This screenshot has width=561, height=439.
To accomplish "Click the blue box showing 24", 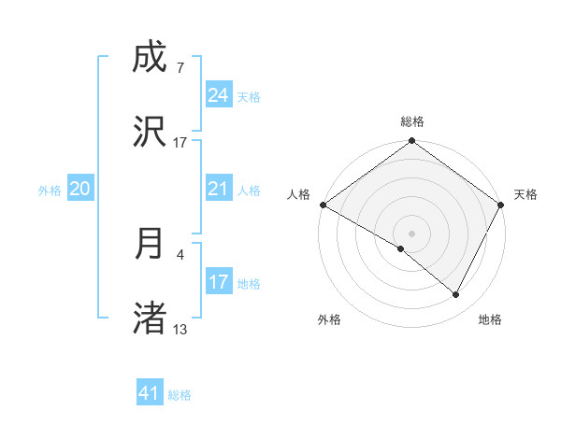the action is pos(219,94).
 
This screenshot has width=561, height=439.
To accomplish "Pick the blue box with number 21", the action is pos(219,189).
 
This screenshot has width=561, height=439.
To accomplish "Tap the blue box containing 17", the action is pos(219,281).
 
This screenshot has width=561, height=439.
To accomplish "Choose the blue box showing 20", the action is pos(80,189).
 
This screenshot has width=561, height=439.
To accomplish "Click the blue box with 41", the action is pos(150,393).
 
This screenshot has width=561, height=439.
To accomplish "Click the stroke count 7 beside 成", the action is pos(180,67).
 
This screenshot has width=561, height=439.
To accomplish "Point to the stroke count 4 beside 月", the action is pos(180,252).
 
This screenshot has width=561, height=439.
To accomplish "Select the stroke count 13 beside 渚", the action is pos(180,329).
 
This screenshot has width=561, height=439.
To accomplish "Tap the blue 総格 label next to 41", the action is pos(180,395).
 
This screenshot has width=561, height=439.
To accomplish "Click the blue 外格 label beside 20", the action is pos(50,190).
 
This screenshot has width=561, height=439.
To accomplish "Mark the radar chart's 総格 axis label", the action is pos(412,121).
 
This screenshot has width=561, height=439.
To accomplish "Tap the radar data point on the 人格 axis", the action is pos(323,205).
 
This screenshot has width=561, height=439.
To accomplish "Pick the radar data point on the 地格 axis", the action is pos(456,294).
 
